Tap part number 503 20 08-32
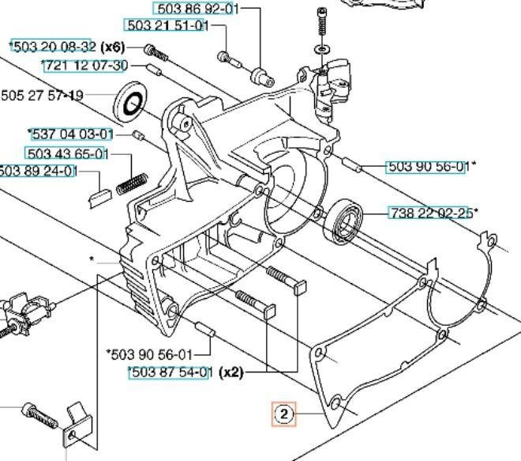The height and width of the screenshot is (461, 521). pos(54,47)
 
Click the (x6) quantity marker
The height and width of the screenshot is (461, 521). pos(112,47)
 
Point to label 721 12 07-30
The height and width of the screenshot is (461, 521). pos(86,66)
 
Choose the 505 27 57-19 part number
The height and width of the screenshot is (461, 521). pos(42,96)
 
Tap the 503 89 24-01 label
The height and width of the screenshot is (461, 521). pos(37,171)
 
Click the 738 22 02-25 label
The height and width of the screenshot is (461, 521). pos(431,213)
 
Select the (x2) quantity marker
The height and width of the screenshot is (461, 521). pos(231,372)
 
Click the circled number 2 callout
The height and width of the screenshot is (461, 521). pos(283,414)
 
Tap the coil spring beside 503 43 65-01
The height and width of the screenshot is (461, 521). pos(132,184)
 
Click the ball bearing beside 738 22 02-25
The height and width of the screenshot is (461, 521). pos(343,221)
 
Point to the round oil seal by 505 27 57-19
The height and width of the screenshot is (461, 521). pos(130,103)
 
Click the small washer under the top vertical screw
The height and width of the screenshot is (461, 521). pos(322,49)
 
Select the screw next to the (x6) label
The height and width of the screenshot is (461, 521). pos(156,53)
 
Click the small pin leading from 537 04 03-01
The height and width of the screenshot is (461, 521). pos(138,135)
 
